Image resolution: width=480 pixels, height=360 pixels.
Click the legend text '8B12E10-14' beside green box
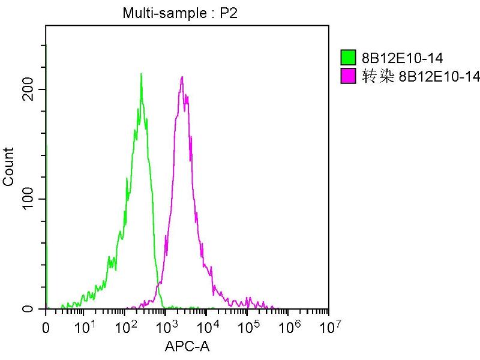[394, 58]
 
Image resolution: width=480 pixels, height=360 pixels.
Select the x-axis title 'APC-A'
[187, 346]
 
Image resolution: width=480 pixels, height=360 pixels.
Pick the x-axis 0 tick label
[46, 328]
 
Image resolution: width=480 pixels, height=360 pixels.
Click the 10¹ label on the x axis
[84, 327]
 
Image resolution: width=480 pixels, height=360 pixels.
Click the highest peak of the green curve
[141, 74]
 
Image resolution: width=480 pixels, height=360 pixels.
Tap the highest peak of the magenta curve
[182, 77]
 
